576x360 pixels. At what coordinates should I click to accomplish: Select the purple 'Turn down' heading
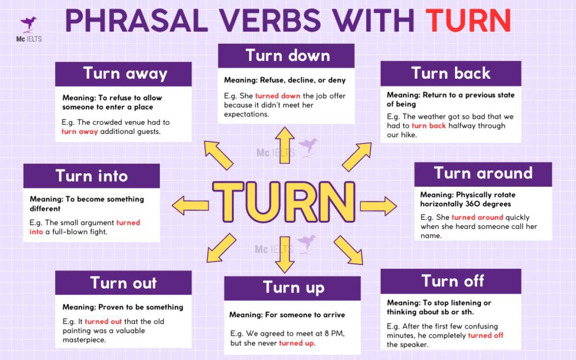click(287, 56)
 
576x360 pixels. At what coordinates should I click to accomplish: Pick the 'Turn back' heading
click(451, 73)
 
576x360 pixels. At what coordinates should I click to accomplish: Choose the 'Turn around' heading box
click(483, 174)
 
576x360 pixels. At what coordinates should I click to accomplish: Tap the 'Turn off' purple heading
click(452, 281)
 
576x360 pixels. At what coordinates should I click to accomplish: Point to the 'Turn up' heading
click(293, 288)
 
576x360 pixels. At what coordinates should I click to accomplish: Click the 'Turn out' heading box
click(123, 282)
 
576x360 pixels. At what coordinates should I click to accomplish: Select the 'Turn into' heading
click(92, 176)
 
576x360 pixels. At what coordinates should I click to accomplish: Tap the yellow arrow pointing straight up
click(285, 144)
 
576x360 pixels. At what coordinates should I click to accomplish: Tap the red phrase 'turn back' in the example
click(429, 125)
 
